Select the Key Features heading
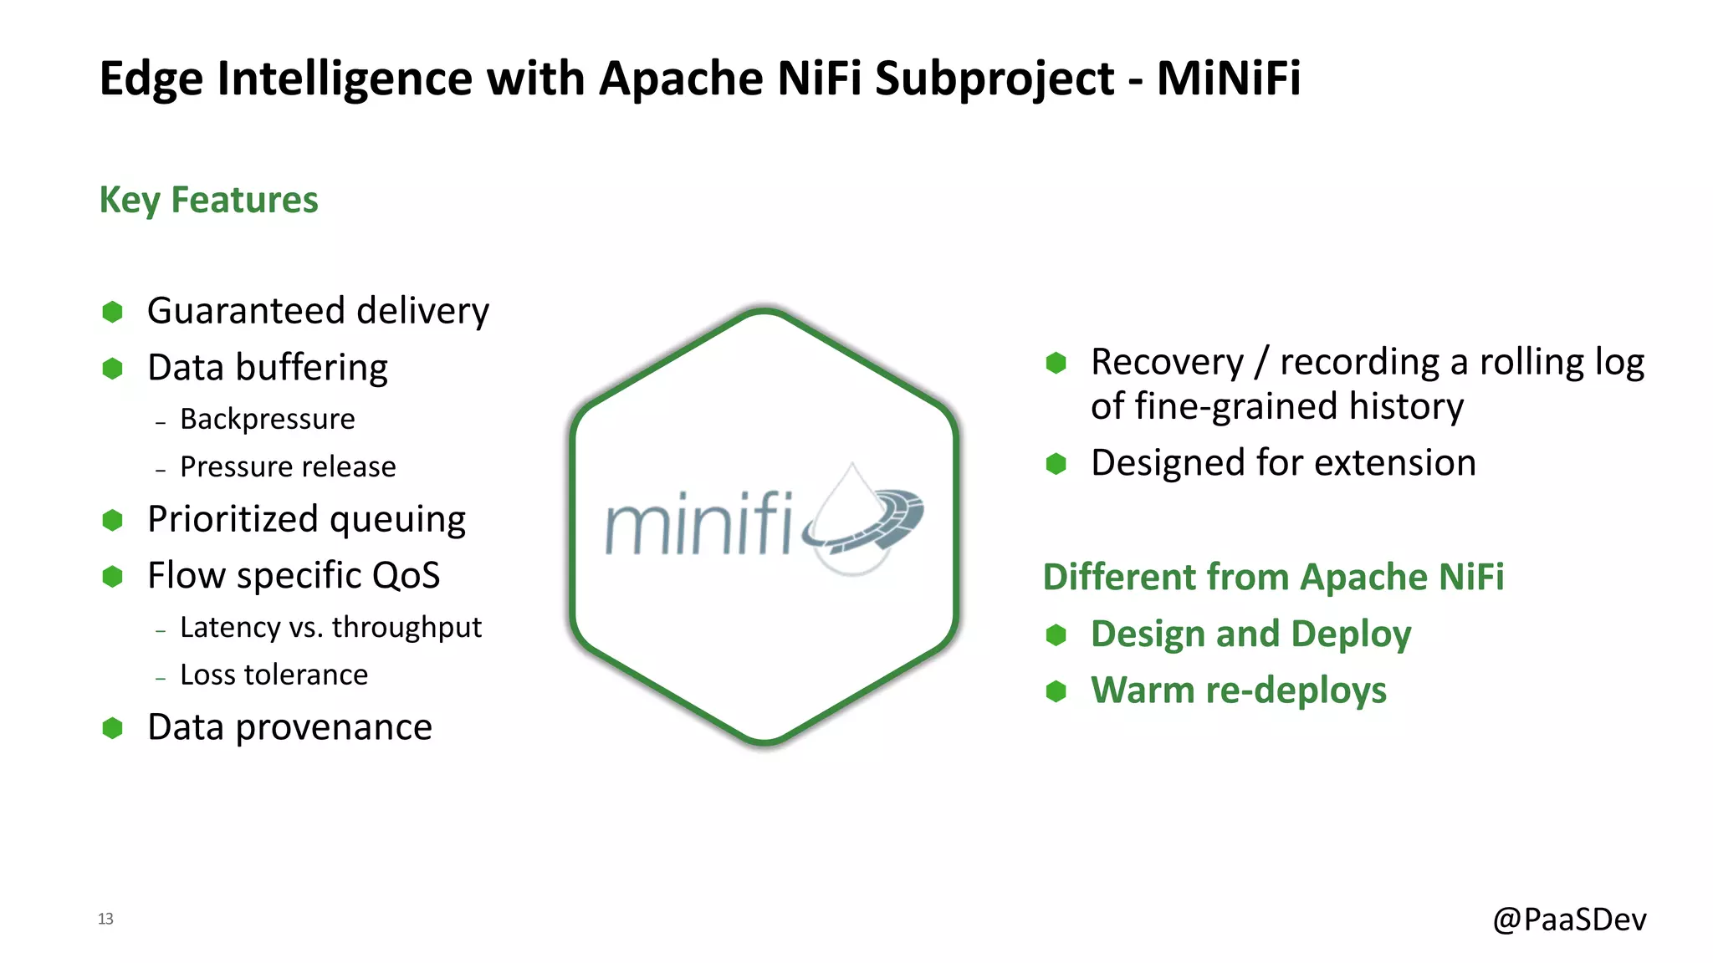point(208,200)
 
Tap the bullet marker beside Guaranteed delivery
point(113,312)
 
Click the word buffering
point(311,368)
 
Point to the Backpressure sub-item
point(267,419)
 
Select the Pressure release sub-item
point(288,466)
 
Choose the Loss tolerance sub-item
point(274,675)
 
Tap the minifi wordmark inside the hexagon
point(698,525)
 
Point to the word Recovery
point(1167,363)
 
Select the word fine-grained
point(1234,407)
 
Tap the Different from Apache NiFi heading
point(1273,577)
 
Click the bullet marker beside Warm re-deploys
point(1056,691)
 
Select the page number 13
point(105,919)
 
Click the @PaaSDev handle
point(1569,920)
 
